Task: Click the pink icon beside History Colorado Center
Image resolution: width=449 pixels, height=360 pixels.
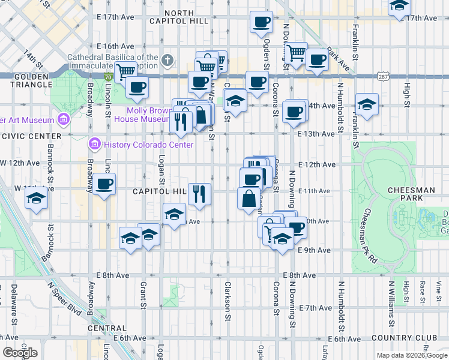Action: coord(94,145)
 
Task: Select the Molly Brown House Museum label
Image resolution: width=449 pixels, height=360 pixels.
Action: coord(148,115)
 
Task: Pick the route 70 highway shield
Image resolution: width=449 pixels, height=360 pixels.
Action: coord(107,77)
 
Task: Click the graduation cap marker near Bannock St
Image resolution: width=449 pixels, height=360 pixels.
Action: coord(37,198)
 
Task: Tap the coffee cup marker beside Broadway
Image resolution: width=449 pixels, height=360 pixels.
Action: coord(104,183)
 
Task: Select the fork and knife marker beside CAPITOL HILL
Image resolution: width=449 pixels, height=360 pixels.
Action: coord(199,193)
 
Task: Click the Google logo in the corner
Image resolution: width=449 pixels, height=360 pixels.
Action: coord(20,353)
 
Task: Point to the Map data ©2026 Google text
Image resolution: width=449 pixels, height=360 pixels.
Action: coord(411,355)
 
